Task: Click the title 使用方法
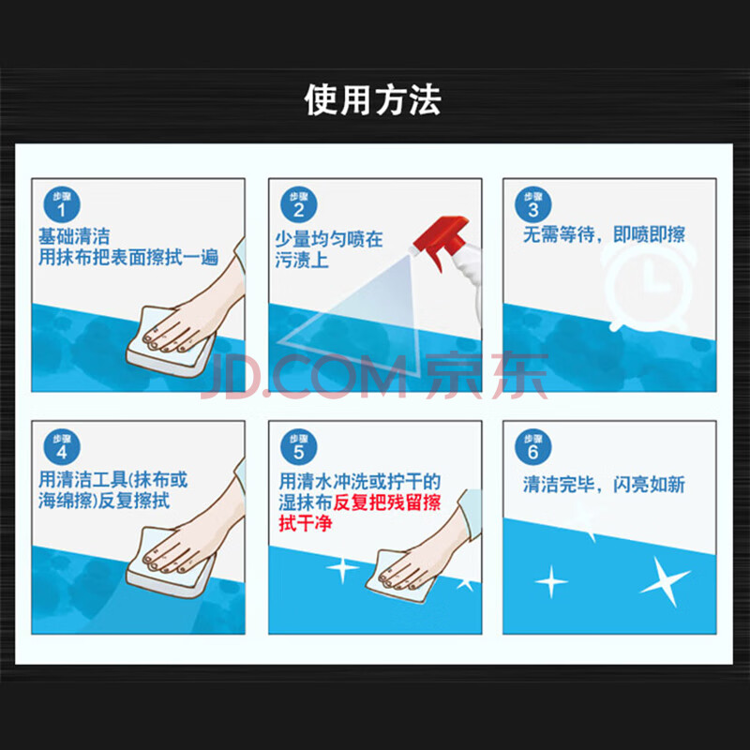(372, 100)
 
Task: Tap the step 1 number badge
(62, 204)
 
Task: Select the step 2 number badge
(299, 204)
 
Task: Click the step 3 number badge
(532, 204)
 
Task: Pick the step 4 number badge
(62, 447)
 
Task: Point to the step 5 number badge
(299, 447)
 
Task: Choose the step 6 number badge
(532, 447)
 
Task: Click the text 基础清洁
(74, 236)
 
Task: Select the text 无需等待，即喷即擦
(604, 234)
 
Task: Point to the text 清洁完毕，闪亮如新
(604, 485)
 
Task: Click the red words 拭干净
(306, 524)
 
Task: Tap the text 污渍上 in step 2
(302, 261)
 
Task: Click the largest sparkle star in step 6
(665, 580)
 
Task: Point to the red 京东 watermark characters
(487, 376)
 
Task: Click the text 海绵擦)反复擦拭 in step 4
(104, 501)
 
